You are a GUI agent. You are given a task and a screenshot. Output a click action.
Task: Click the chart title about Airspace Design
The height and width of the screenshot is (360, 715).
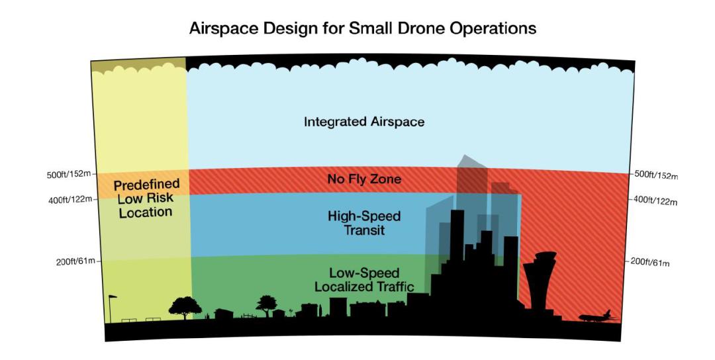point(363,28)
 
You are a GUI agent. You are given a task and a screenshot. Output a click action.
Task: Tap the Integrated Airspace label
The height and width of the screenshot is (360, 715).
point(364,122)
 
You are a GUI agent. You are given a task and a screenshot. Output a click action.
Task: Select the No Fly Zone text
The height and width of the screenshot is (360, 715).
point(364,179)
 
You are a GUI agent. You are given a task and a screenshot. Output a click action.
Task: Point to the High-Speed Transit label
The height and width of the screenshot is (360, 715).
point(364,222)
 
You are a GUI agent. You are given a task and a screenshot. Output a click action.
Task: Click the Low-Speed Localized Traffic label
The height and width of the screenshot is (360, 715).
point(364,279)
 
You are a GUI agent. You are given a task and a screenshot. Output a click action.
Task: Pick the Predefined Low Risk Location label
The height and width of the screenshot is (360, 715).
point(146,199)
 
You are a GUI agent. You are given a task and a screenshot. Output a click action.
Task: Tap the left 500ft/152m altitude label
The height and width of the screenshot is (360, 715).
point(69,175)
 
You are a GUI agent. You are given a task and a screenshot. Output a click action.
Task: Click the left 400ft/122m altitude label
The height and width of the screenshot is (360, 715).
point(70,200)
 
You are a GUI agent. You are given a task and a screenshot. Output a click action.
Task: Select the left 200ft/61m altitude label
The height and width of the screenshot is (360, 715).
point(75,261)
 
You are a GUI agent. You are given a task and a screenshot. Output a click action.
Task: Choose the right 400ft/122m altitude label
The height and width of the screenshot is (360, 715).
point(655,201)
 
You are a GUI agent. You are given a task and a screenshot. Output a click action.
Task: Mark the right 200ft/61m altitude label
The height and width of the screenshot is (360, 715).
point(650,263)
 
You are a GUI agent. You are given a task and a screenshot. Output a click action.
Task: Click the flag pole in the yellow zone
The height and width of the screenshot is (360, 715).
point(111,308)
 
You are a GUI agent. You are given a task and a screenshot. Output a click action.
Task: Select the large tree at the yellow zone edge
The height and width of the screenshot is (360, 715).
point(185,308)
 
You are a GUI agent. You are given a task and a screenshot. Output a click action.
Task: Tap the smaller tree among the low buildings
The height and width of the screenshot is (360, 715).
point(266,305)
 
